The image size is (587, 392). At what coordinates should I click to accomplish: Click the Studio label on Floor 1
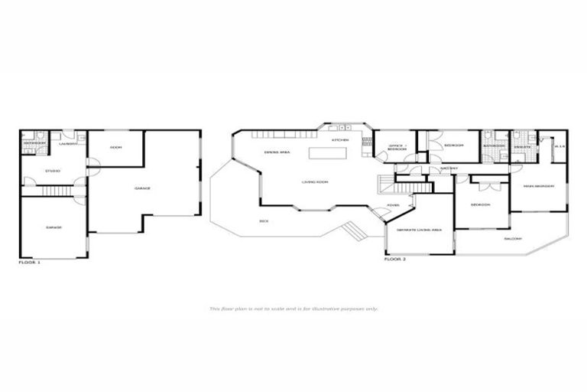click(52, 170)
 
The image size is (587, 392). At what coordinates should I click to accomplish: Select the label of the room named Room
click(116, 147)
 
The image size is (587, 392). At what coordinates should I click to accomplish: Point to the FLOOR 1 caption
click(29, 263)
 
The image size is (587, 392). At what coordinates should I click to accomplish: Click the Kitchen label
click(340, 140)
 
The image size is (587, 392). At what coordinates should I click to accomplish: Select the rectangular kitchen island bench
click(327, 153)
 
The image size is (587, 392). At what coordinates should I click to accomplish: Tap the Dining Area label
click(276, 153)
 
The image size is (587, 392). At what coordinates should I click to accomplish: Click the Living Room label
click(314, 182)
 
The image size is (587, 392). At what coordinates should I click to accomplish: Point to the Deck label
click(264, 221)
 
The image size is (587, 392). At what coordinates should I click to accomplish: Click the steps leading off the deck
click(352, 230)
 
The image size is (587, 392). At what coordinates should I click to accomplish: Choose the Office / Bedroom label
click(397, 147)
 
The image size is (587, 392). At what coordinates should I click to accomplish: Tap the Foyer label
click(394, 205)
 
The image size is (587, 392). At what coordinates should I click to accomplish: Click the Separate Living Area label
click(416, 229)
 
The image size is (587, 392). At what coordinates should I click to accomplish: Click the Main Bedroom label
click(538, 186)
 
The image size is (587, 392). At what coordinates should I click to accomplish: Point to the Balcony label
click(513, 238)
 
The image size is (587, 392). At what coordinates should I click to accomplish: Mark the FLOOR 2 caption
click(394, 260)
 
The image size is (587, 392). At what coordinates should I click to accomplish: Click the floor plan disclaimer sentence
click(293, 309)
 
